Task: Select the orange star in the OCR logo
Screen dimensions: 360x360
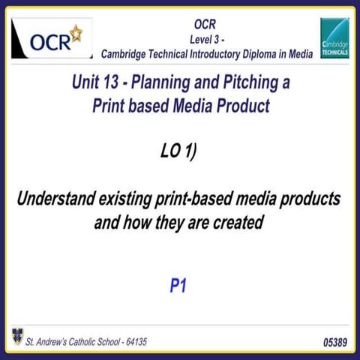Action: pos(75,32)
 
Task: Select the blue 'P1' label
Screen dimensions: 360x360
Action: pos(178,286)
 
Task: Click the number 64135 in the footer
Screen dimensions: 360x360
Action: pos(132,341)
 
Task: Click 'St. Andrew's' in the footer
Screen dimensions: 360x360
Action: pos(46,341)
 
